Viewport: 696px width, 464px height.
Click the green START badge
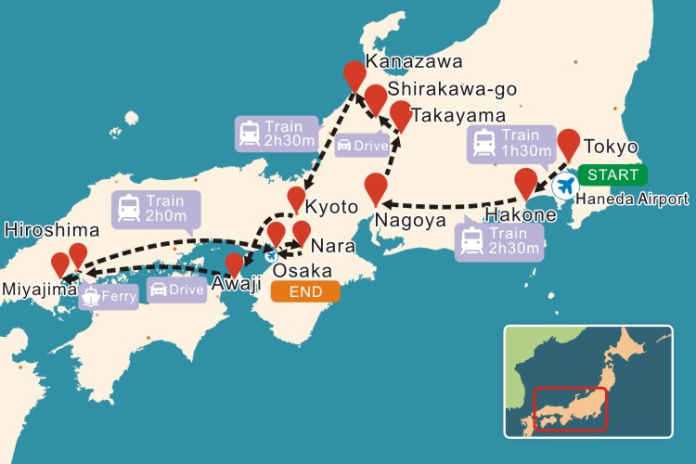click(x=612, y=174)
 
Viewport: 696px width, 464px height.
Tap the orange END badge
click(x=305, y=291)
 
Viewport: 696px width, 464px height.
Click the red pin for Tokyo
click(x=569, y=144)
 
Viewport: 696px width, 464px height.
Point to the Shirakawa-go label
click(x=452, y=89)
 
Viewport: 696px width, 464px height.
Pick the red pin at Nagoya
click(x=375, y=187)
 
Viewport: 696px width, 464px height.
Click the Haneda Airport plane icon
click(x=563, y=186)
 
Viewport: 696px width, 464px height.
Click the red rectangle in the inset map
click(x=568, y=409)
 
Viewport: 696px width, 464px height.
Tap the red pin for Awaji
click(x=234, y=264)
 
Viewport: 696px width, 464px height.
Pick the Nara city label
click(x=332, y=247)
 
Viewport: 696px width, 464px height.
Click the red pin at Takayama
click(x=400, y=115)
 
